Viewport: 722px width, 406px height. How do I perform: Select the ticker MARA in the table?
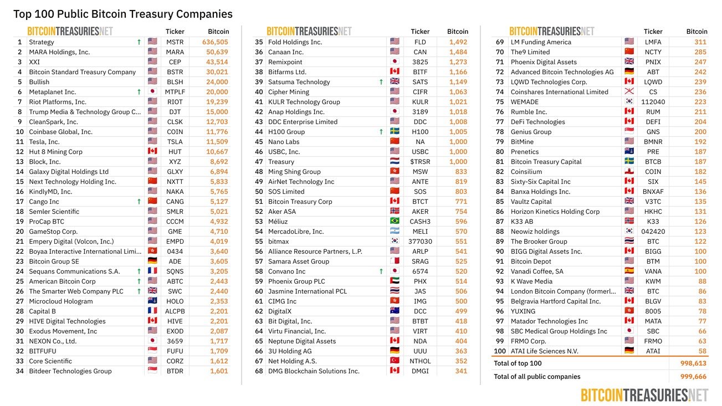[175, 52]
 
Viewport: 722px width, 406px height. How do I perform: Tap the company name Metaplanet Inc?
[52, 92]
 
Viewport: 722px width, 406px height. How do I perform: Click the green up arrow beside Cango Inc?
[139, 202]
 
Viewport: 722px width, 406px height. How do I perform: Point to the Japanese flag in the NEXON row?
[153, 341]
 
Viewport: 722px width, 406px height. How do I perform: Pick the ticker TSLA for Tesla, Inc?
[175, 142]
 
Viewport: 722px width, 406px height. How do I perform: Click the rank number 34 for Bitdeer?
[20, 371]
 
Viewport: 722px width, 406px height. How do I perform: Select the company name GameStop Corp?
[53, 232]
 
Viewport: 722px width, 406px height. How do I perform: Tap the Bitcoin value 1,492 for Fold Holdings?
[458, 42]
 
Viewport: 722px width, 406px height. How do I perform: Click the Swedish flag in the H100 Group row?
[395, 132]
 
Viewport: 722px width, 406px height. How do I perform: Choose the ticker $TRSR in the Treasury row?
[420, 162]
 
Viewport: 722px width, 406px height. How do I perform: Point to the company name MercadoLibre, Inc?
[295, 232]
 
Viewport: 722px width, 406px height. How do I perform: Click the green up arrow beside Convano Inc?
[381, 271]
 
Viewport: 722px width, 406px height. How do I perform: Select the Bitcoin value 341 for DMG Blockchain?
[461, 371]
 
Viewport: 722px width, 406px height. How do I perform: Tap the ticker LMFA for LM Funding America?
[653, 42]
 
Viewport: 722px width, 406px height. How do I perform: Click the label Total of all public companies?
[537, 377]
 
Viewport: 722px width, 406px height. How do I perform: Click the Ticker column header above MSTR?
[175, 32]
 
